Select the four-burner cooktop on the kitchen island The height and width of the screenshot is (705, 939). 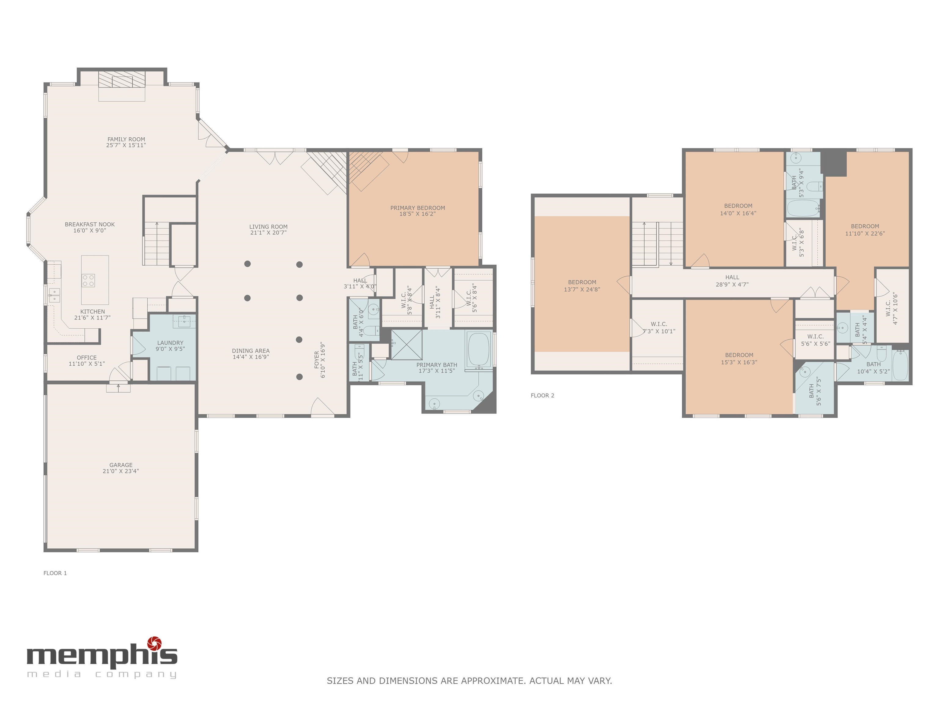tap(88, 281)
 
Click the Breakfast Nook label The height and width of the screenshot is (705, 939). tap(90, 224)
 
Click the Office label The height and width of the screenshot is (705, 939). tap(87, 358)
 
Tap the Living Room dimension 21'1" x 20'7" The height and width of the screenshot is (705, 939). tap(268, 233)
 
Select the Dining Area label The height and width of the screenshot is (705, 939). tap(250, 351)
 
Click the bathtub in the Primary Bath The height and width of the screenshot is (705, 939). tap(478, 349)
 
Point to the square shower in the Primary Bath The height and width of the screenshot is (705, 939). tap(406, 345)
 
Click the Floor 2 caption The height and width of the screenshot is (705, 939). tap(542, 395)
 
